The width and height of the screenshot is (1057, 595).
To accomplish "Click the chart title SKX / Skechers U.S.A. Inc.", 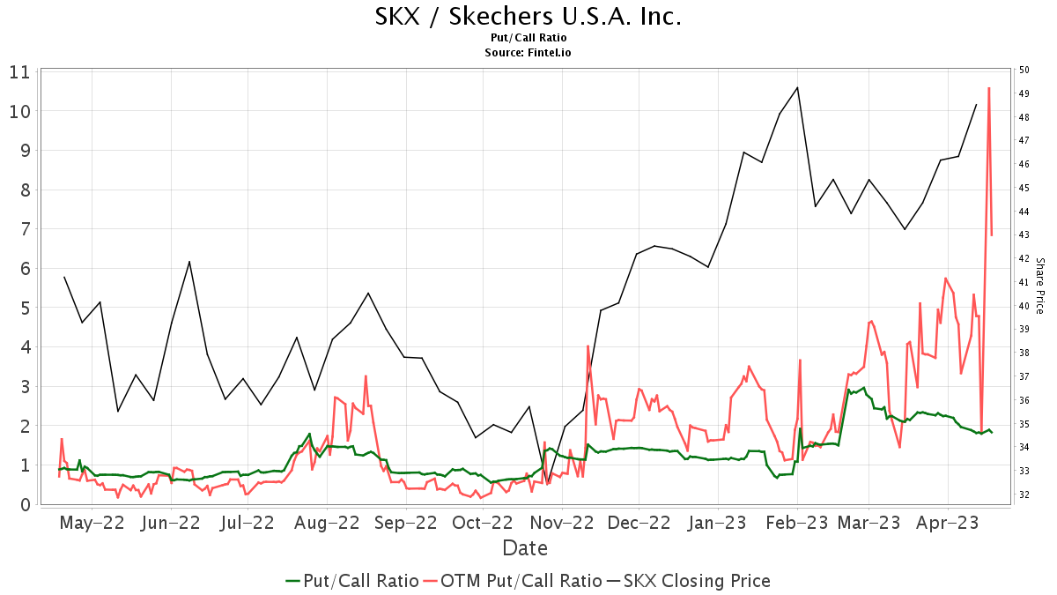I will point(528,17).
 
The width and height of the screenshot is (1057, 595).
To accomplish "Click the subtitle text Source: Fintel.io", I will point(528,53).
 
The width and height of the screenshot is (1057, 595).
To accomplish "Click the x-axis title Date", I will point(525,548).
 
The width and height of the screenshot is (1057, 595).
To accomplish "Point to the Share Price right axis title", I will point(1039,286).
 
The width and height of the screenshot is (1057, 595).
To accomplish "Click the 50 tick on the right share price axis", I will point(1024,71).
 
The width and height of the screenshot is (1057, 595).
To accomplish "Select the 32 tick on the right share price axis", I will point(1024,495).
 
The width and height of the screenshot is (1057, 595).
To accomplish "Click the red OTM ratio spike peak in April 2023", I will point(989,88).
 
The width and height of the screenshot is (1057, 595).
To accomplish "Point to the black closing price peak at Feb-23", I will point(797,87).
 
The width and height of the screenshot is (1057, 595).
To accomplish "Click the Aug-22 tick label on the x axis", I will point(327,523).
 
